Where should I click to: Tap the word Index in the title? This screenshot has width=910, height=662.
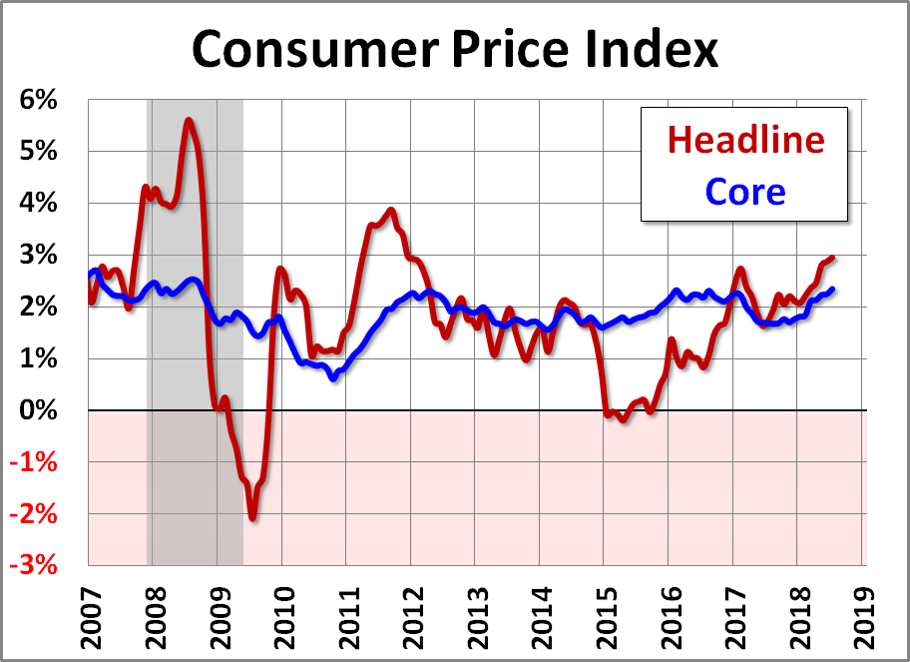tap(650, 47)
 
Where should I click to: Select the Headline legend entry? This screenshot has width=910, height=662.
tap(746, 139)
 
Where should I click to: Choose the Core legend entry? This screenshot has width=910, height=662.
tap(745, 191)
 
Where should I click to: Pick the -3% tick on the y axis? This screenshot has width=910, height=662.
tap(36, 566)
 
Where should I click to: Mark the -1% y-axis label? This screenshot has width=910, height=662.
tap(36, 462)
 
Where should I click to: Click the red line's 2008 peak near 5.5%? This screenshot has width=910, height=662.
tap(189, 121)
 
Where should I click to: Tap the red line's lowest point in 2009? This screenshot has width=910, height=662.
tap(252, 517)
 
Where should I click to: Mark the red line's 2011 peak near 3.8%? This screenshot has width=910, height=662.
tap(391, 211)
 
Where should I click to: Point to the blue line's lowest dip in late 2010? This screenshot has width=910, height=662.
tap(333, 378)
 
